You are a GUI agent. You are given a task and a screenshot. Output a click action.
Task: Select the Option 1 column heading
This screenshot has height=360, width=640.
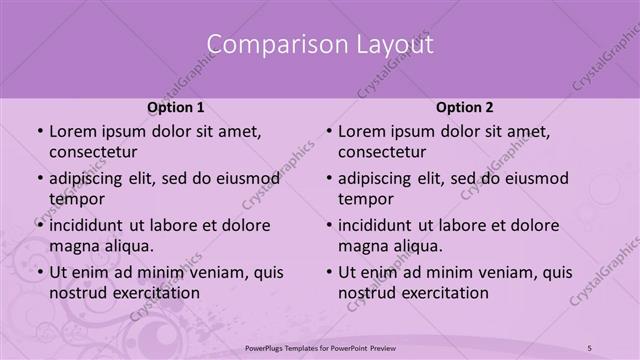(175, 107)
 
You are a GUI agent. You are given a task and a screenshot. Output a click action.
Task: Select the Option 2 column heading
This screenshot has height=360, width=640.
(465, 107)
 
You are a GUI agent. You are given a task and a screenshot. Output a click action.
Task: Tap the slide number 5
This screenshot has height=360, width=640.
(590, 347)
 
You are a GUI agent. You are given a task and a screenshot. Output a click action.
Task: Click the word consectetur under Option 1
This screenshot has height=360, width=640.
(93, 152)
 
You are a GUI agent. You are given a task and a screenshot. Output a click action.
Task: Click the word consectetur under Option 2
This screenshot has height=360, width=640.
(383, 152)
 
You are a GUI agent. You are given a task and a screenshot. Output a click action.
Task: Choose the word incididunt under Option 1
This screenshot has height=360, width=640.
(91, 226)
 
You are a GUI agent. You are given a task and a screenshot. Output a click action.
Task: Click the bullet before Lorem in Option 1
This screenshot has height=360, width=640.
(38, 132)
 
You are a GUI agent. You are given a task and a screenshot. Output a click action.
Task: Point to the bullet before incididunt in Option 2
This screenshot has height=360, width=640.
(328, 226)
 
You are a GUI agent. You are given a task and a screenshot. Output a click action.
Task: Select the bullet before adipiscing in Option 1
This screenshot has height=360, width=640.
(38, 179)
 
